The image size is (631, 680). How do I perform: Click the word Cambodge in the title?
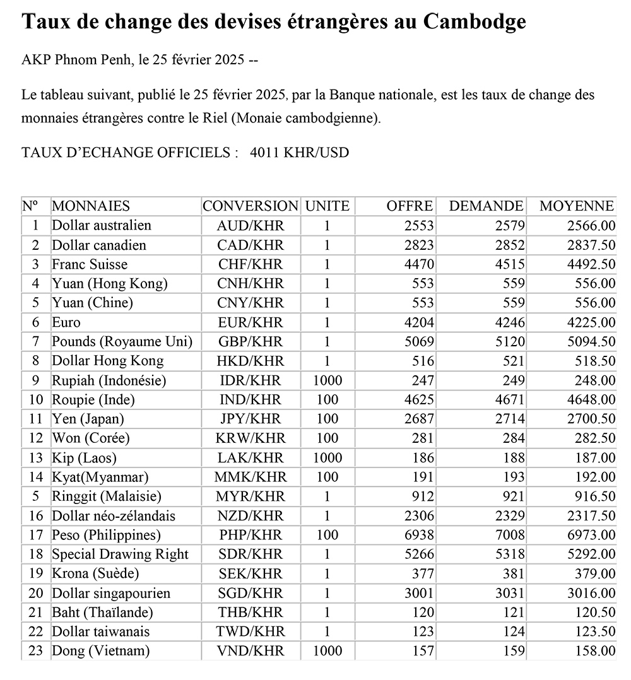tap(474, 23)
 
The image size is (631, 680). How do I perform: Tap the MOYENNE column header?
tap(576, 206)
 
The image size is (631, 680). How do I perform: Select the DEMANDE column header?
tap(485, 206)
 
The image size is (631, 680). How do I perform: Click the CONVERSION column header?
tap(250, 206)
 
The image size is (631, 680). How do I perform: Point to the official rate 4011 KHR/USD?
tap(299, 153)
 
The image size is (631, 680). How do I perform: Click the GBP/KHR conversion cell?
tap(251, 342)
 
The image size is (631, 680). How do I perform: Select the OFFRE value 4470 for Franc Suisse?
tap(419, 264)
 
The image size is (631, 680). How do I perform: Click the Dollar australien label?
tap(102, 225)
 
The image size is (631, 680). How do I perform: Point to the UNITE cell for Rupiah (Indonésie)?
tap(327, 380)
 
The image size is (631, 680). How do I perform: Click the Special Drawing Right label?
tap(120, 554)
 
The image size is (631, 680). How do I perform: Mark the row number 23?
tap(35, 651)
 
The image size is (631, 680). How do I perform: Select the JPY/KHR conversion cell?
tap(251, 419)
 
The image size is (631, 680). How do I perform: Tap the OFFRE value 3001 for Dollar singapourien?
tap(419, 593)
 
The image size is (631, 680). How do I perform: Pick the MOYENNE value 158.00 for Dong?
tap(595, 651)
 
